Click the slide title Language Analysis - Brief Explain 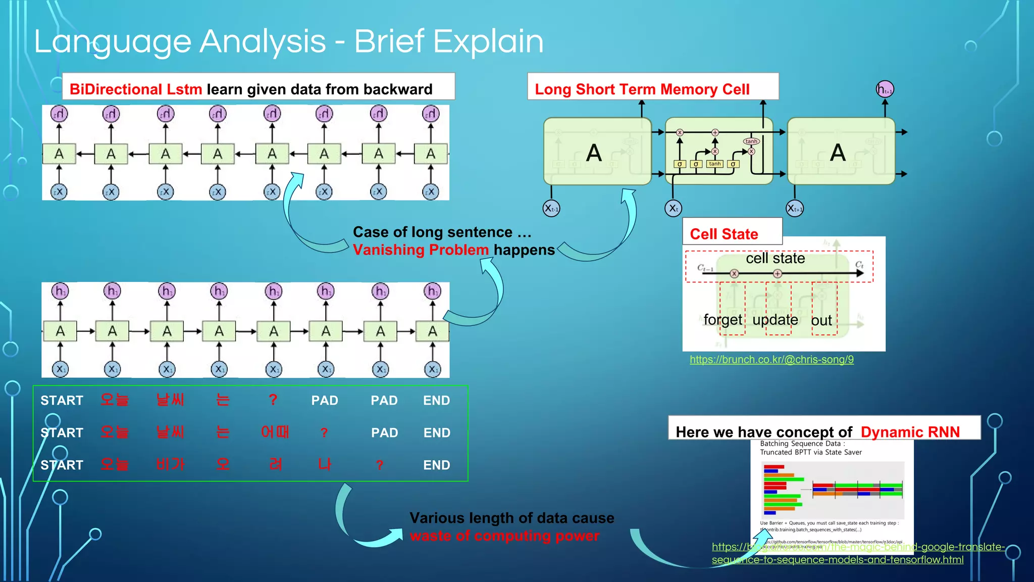tap(288, 41)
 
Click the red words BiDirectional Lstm tap(136, 89)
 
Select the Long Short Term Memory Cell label tap(642, 89)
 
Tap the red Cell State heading tap(723, 234)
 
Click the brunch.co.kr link tap(771, 360)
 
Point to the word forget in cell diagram tap(722, 320)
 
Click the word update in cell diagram tap(775, 320)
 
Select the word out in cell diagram tap(821, 320)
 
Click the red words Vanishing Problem tap(421, 250)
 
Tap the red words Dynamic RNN tap(910, 432)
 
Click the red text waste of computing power tap(504, 536)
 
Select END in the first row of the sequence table tap(436, 401)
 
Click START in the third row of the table tap(62, 465)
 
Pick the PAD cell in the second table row tap(384, 433)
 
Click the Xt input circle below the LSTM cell tap(673, 208)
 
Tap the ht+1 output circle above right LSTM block tap(885, 90)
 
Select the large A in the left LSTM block tap(594, 153)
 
